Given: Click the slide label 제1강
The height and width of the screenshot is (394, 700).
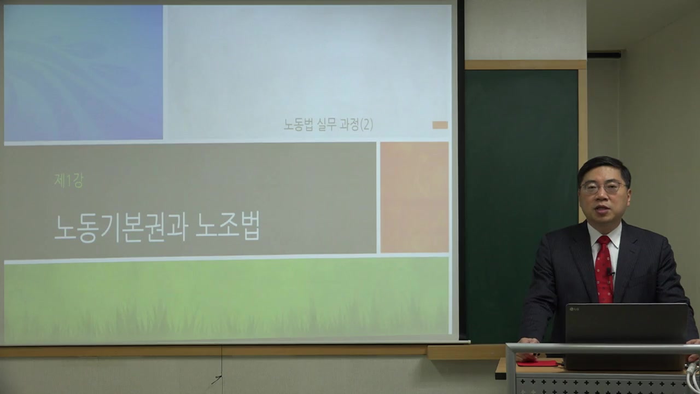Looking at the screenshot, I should (68, 181).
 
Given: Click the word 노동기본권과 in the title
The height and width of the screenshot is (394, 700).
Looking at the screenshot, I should (120, 227).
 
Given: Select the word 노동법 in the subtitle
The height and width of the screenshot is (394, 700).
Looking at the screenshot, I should (298, 125).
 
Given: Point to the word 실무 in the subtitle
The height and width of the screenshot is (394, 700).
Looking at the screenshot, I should (326, 125).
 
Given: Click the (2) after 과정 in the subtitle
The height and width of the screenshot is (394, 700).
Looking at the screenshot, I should (366, 125).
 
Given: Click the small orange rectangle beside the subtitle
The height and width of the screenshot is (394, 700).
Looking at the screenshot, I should (440, 125).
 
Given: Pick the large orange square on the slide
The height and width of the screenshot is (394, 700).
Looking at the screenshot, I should (414, 197).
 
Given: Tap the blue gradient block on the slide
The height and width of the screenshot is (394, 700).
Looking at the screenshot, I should (83, 72).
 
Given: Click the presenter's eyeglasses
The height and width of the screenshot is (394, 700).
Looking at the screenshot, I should (603, 187).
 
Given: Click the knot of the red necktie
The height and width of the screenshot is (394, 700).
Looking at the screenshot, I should (603, 241).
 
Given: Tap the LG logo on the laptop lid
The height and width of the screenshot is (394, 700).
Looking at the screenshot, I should (574, 310).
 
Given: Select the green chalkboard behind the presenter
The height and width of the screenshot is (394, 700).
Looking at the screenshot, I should (520, 192).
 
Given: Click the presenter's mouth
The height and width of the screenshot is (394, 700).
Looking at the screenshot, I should (604, 209).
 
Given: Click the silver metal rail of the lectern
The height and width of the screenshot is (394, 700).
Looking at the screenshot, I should (602, 349).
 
